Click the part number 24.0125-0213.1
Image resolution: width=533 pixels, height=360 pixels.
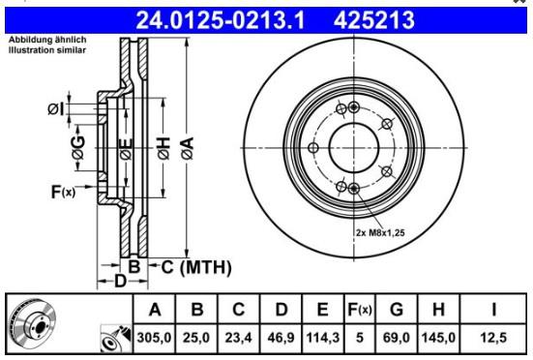point(221,20)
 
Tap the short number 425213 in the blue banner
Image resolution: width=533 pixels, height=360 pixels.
point(374,20)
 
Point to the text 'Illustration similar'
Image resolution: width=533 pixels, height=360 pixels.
point(47,50)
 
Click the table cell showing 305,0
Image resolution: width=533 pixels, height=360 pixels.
point(154,338)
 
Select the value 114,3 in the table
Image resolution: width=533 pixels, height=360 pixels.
point(322,338)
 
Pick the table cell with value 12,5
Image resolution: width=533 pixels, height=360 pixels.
point(493,338)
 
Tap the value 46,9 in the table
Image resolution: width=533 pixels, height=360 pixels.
point(281,338)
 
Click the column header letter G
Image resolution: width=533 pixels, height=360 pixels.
point(397,310)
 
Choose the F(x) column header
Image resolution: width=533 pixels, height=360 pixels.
point(360,310)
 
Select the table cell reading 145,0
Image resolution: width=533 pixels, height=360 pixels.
point(438,338)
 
